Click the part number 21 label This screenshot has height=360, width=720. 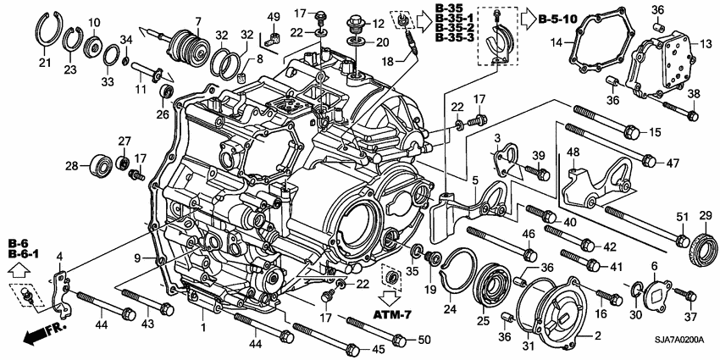pyautogui.click(x=44, y=62)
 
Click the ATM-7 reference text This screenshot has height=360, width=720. pyautogui.click(x=394, y=315)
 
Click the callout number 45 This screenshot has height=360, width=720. pyautogui.click(x=378, y=349)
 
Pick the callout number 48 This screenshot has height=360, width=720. pyautogui.click(x=573, y=152)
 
